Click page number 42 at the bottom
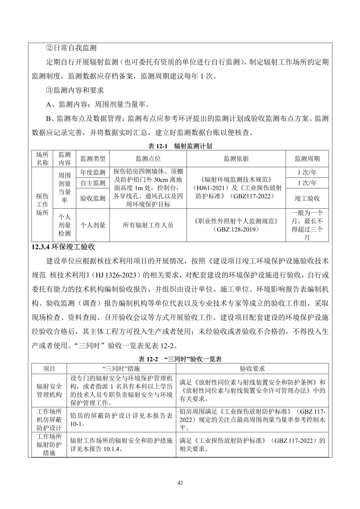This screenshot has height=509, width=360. point(180,483)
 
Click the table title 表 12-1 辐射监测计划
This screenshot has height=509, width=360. point(180,146)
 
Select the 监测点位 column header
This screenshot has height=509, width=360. point(148,159)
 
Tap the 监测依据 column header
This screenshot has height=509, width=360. point(236,159)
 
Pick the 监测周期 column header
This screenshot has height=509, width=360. point(307,159)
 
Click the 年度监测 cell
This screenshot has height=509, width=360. point(93,172)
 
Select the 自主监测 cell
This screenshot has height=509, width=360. point(93,183)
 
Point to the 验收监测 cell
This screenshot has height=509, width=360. point(93,198)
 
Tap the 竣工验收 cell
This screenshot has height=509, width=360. point(307,198)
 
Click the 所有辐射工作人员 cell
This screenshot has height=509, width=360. point(148,225)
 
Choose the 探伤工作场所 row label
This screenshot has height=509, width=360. point(42,204)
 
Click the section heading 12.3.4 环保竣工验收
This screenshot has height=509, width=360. point(63,247)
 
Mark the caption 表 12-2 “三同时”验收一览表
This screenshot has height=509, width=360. point(180,359)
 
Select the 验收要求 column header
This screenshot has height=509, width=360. point(252,369)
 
